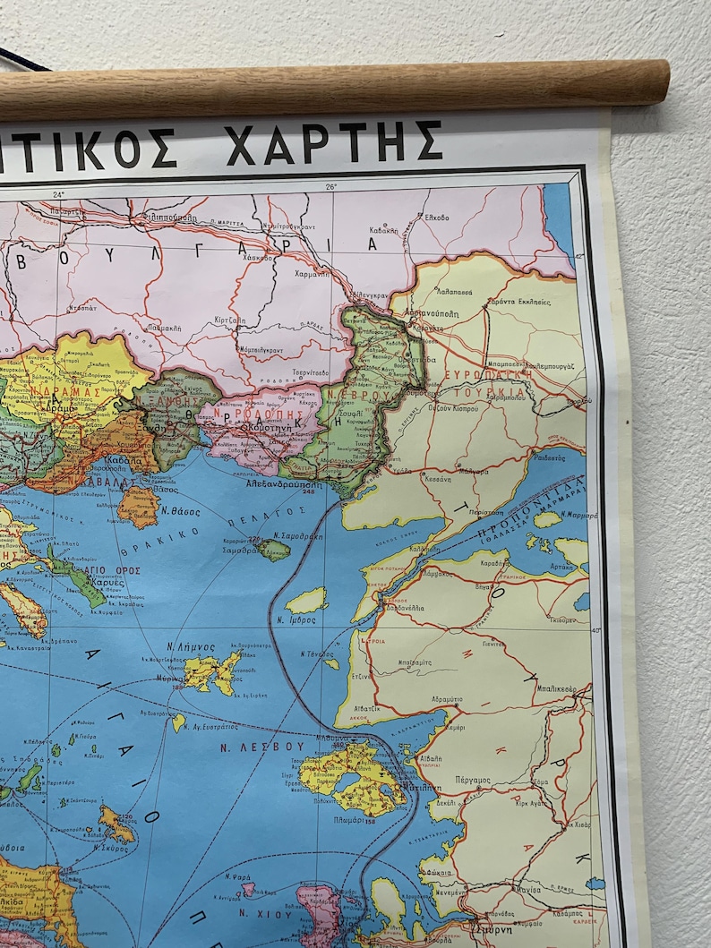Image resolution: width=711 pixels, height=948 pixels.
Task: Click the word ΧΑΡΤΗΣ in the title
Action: (334, 143)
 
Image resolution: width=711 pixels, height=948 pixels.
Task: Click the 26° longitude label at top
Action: (330, 186)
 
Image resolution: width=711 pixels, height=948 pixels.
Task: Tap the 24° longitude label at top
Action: (58, 194)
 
